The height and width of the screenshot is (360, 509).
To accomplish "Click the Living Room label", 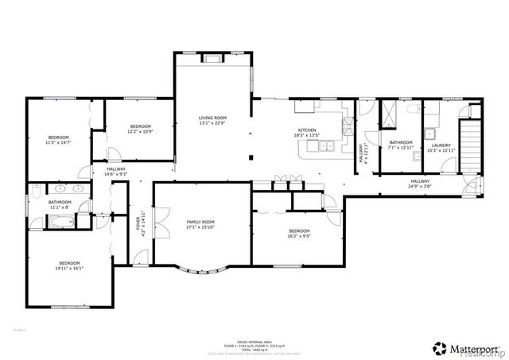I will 212,120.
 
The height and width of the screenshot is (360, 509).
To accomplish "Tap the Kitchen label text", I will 308,133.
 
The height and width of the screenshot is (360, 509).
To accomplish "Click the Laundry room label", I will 441,148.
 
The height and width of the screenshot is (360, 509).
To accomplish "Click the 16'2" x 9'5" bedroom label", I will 300,233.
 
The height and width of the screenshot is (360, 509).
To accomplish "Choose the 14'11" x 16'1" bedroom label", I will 70,266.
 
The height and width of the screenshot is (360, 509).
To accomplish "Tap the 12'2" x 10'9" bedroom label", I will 141,129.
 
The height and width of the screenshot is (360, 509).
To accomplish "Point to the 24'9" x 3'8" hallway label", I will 420,184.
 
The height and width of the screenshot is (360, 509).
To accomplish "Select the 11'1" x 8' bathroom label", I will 60,204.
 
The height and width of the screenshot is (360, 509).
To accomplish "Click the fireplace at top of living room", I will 213,57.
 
